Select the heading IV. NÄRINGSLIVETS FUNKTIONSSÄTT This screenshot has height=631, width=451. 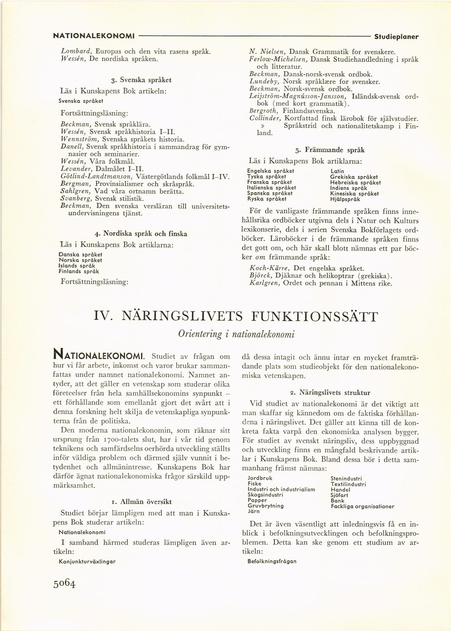click(x=236, y=316)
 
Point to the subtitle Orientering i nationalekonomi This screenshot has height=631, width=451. click(x=236, y=334)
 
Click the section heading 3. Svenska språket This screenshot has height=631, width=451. click(x=141, y=80)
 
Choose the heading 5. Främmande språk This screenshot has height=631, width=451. click(x=330, y=150)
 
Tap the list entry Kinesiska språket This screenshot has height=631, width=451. click(x=354, y=193)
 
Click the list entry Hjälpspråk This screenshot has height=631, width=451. click(x=345, y=199)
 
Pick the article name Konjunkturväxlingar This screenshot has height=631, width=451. click(x=87, y=561)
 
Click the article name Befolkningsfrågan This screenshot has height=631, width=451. click(x=272, y=561)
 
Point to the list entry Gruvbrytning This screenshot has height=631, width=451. click(x=265, y=506)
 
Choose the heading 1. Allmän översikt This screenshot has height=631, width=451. click(x=141, y=501)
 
